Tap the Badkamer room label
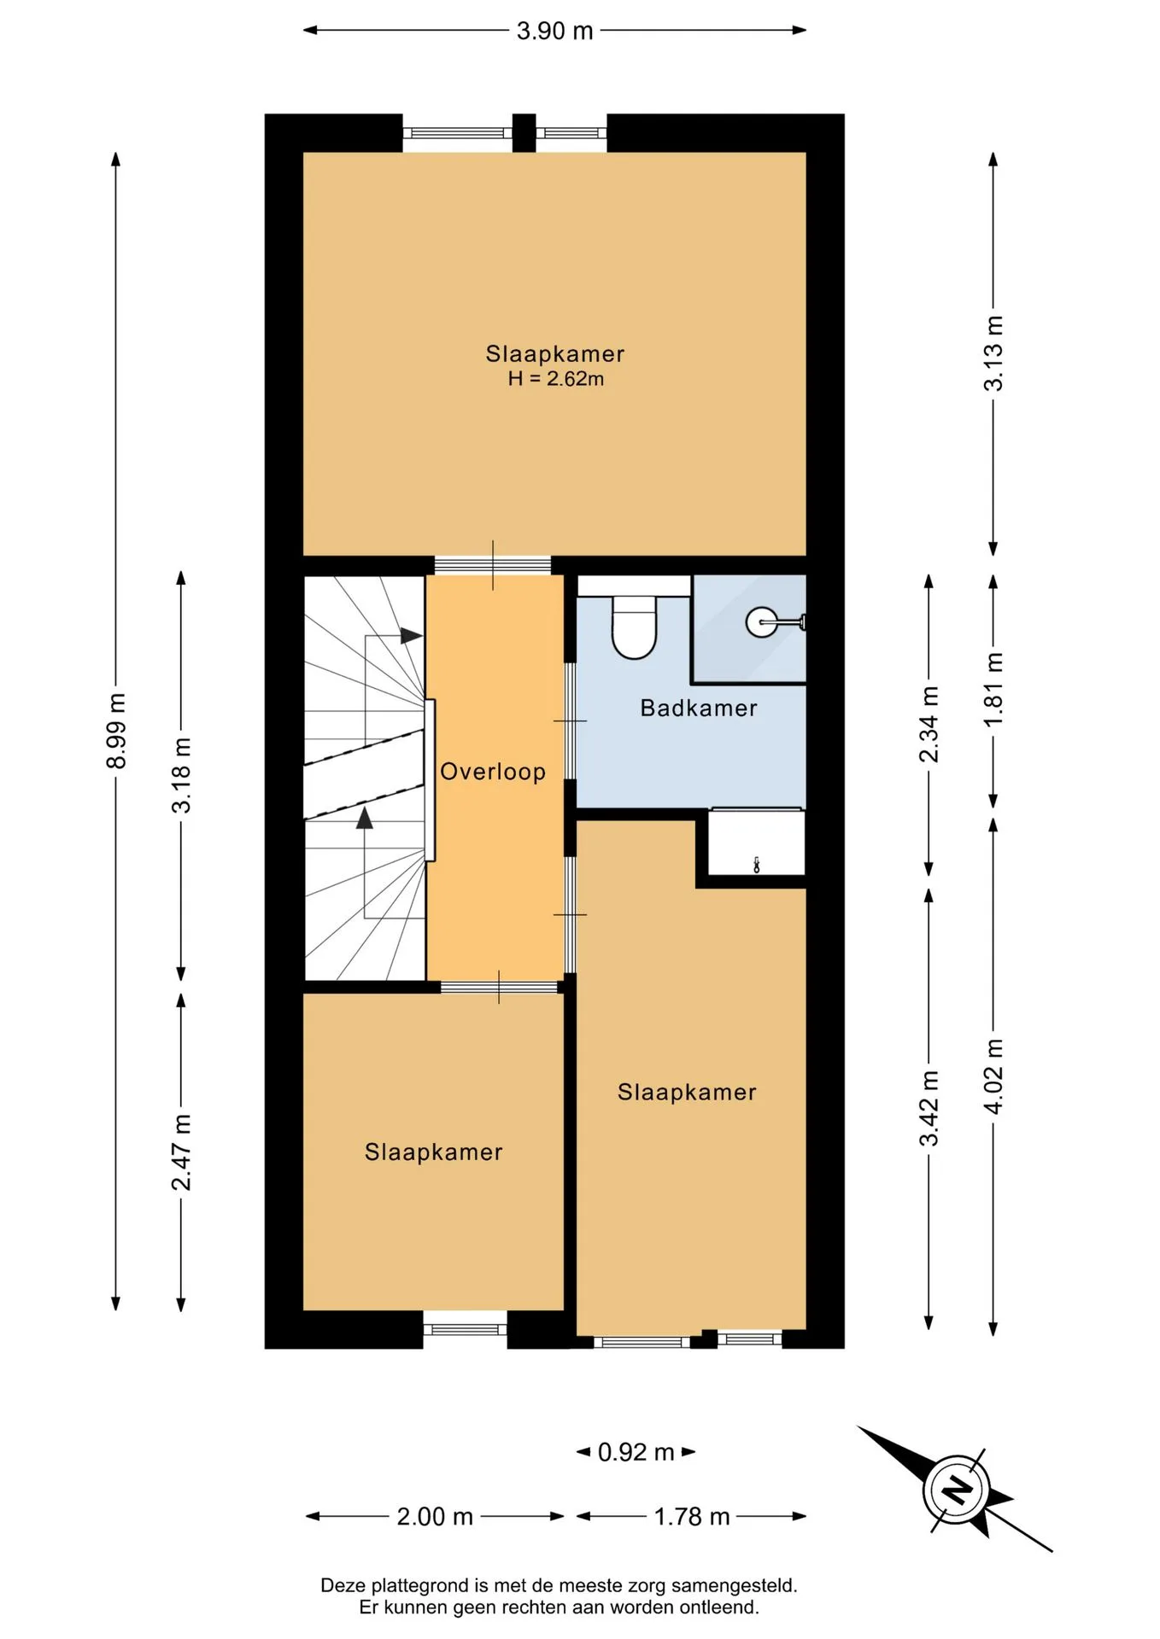point(699,708)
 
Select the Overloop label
point(493,772)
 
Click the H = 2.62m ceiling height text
point(556,379)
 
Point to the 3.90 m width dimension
point(554,31)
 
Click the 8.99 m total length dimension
point(116,731)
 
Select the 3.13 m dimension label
point(993,353)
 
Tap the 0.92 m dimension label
point(636,1452)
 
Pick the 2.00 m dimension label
point(435,1516)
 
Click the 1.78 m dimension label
point(692,1516)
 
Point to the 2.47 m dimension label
point(181,1152)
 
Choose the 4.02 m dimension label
point(993,1076)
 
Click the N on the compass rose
point(957,1490)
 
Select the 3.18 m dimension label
point(181,775)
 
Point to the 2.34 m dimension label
point(929,725)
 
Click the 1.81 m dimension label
point(993,690)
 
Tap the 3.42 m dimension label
point(929,1108)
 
